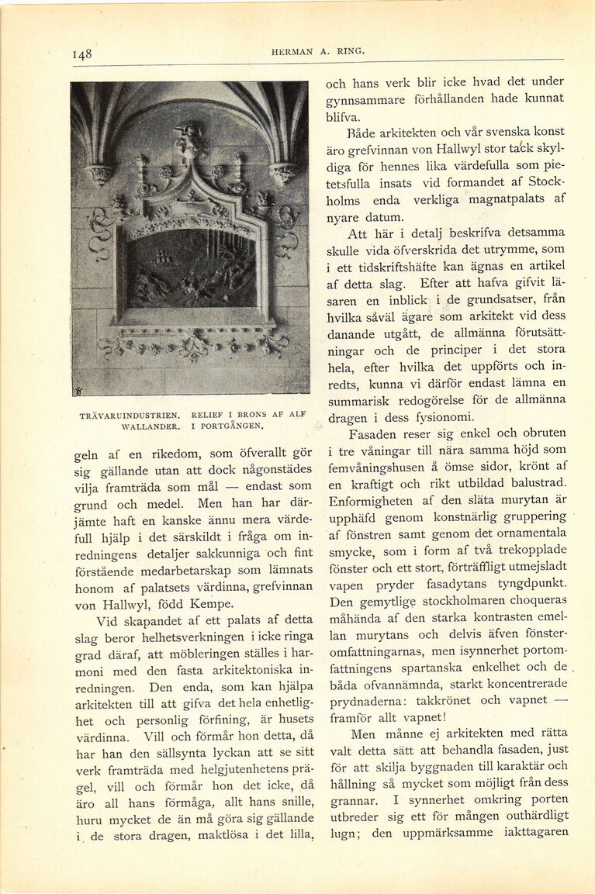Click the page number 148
81,54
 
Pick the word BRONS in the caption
250,415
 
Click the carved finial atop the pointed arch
189,140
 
